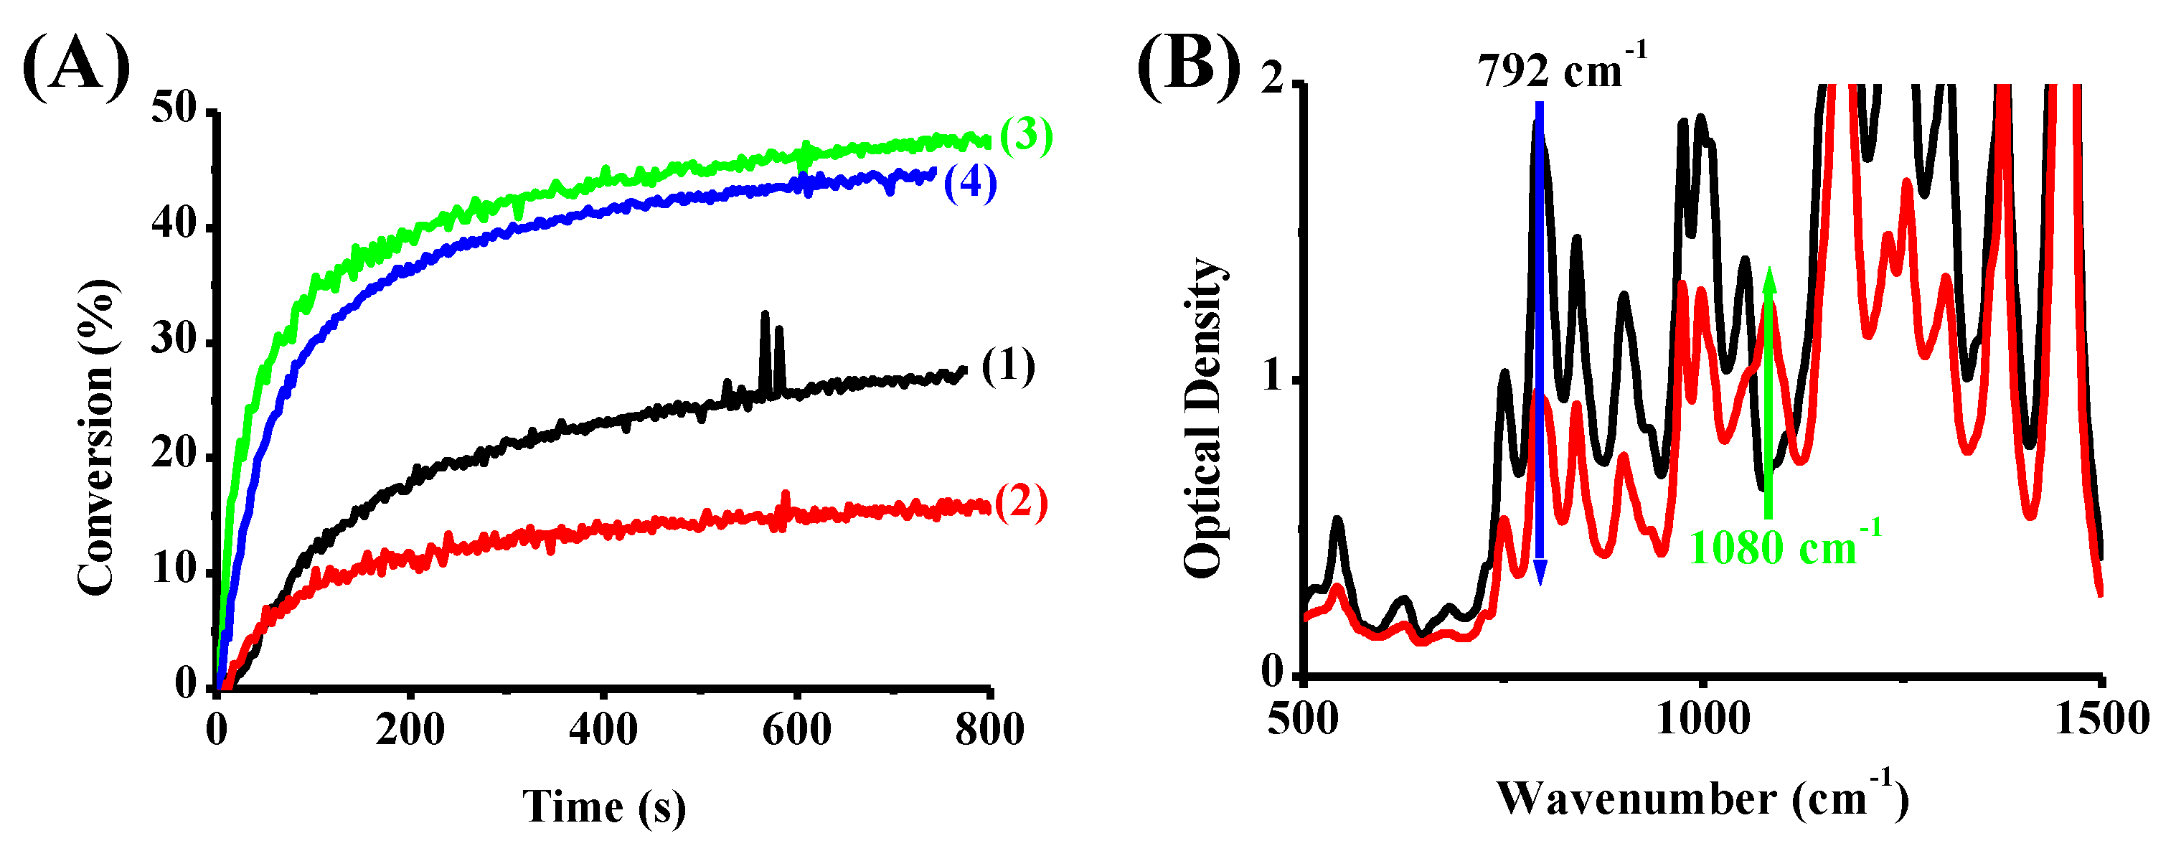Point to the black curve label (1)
[1008, 367]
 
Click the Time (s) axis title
[604, 807]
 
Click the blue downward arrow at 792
[1539, 338]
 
